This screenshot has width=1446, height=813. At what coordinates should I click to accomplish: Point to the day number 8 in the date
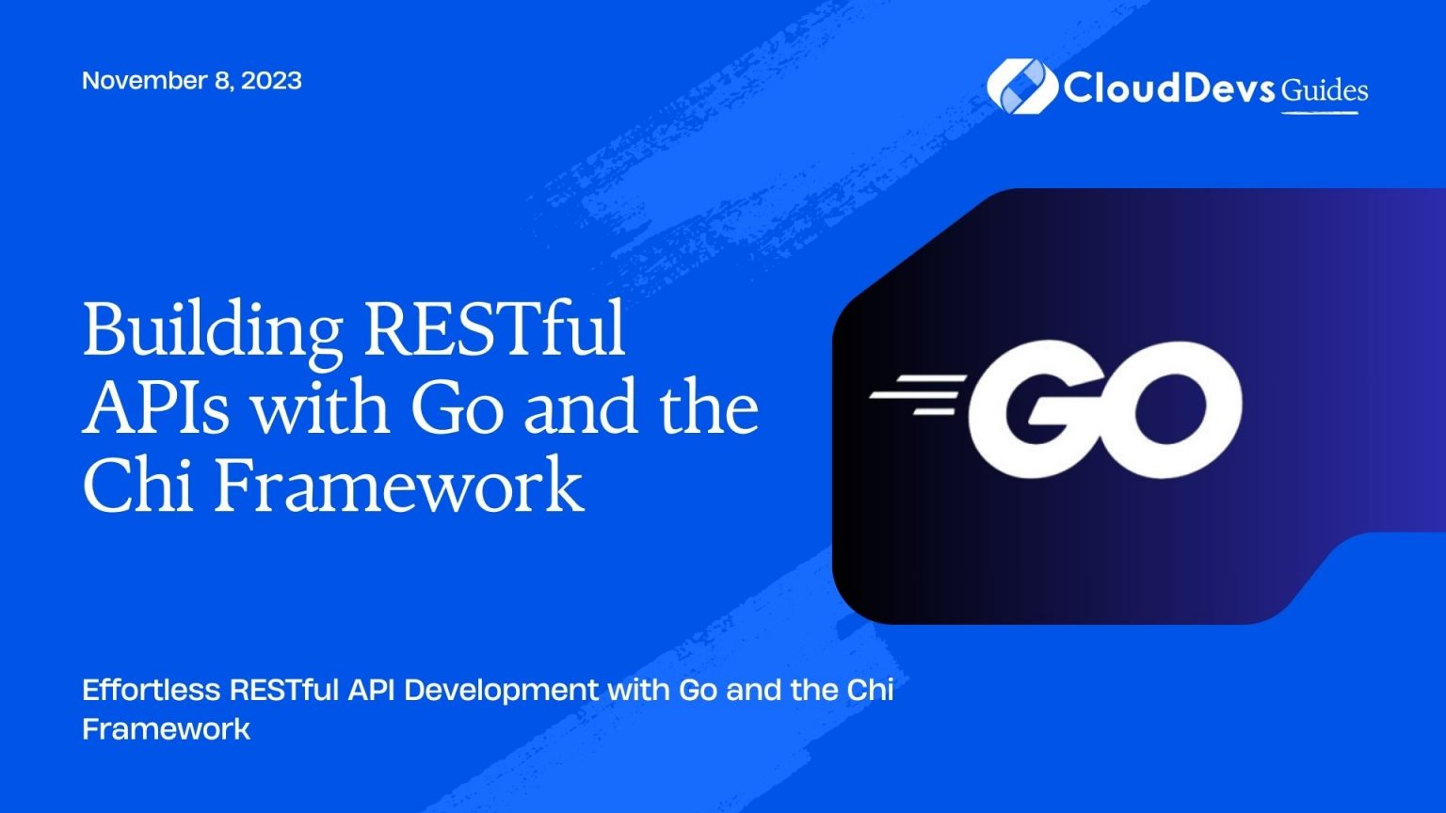point(222,81)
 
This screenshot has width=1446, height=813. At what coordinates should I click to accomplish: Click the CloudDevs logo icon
point(1020,88)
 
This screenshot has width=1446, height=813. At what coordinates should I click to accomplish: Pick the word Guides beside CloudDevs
point(1325,90)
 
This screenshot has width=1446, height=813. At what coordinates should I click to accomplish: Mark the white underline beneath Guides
point(1320,113)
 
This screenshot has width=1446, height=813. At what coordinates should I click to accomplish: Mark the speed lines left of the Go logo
point(919,394)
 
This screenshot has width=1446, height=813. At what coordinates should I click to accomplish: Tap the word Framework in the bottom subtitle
point(166,728)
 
